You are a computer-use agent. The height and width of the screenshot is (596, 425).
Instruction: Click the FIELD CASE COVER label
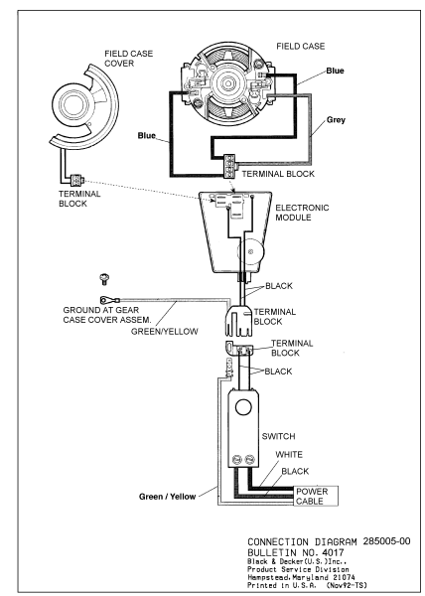tap(129, 59)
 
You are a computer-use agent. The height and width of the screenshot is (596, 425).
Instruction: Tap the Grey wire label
tap(336, 120)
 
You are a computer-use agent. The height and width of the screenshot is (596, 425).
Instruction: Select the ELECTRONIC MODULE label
tap(302, 213)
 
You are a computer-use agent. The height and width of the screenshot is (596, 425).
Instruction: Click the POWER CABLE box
tap(316, 496)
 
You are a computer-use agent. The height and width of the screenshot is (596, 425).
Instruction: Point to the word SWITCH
tap(278, 436)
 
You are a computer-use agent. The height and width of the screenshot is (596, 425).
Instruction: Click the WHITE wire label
tap(289, 455)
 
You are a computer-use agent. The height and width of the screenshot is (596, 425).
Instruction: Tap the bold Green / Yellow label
tap(167, 497)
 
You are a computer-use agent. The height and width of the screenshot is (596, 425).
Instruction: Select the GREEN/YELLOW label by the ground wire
tap(165, 332)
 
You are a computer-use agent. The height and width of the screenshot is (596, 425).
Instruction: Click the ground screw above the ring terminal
tap(103, 279)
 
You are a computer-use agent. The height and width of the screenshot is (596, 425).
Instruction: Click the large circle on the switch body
tap(243, 407)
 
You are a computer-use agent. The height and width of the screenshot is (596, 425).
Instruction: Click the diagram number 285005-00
tap(386, 541)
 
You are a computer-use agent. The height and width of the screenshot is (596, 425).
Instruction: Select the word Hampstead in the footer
tap(264, 577)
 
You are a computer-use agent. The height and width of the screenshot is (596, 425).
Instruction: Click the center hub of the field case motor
tap(227, 82)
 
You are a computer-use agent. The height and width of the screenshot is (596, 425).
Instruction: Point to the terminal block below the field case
tap(229, 166)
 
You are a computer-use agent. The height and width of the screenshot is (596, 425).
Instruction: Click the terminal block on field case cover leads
tap(76, 180)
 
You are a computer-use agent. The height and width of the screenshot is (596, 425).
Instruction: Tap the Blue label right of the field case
tap(335, 71)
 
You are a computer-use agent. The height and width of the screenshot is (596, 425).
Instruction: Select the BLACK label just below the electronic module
tap(279, 286)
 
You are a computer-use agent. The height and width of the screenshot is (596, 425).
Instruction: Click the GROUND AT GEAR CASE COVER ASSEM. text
tap(106, 315)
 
